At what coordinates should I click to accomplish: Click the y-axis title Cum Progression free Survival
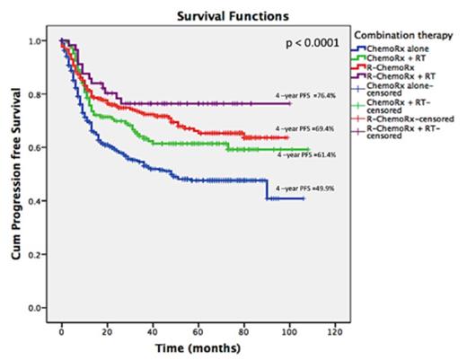pos(16,175)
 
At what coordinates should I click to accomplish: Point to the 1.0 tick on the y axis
pos(34,42)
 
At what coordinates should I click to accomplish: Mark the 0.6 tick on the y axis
pos(34,148)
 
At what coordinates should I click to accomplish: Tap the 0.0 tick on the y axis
pos(34,308)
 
